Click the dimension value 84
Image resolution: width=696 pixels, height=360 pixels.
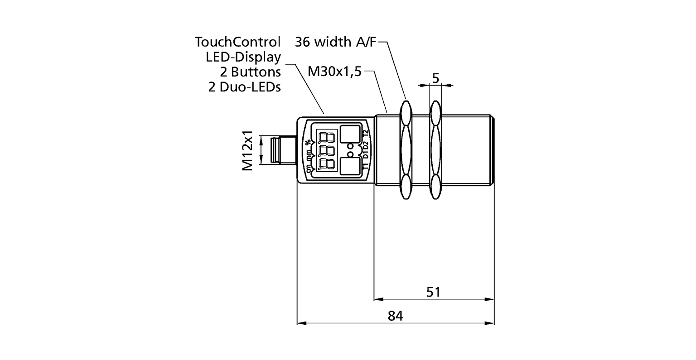tap(395, 316)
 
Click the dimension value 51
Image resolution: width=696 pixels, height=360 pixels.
tap(434, 292)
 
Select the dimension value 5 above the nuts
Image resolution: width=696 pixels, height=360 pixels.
tap(435, 78)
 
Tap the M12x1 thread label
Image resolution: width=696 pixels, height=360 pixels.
tap(247, 152)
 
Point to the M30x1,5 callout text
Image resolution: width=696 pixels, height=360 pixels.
tap(334, 71)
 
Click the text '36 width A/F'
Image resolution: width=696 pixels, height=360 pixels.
tap(335, 42)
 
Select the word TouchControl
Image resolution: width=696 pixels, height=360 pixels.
tap(238, 42)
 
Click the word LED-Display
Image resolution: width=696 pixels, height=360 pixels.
tap(243, 57)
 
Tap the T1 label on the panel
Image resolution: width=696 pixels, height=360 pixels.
tap(365, 166)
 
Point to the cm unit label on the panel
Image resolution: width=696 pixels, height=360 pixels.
tap(309, 168)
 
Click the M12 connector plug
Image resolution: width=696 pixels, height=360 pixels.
tap(276, 151)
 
